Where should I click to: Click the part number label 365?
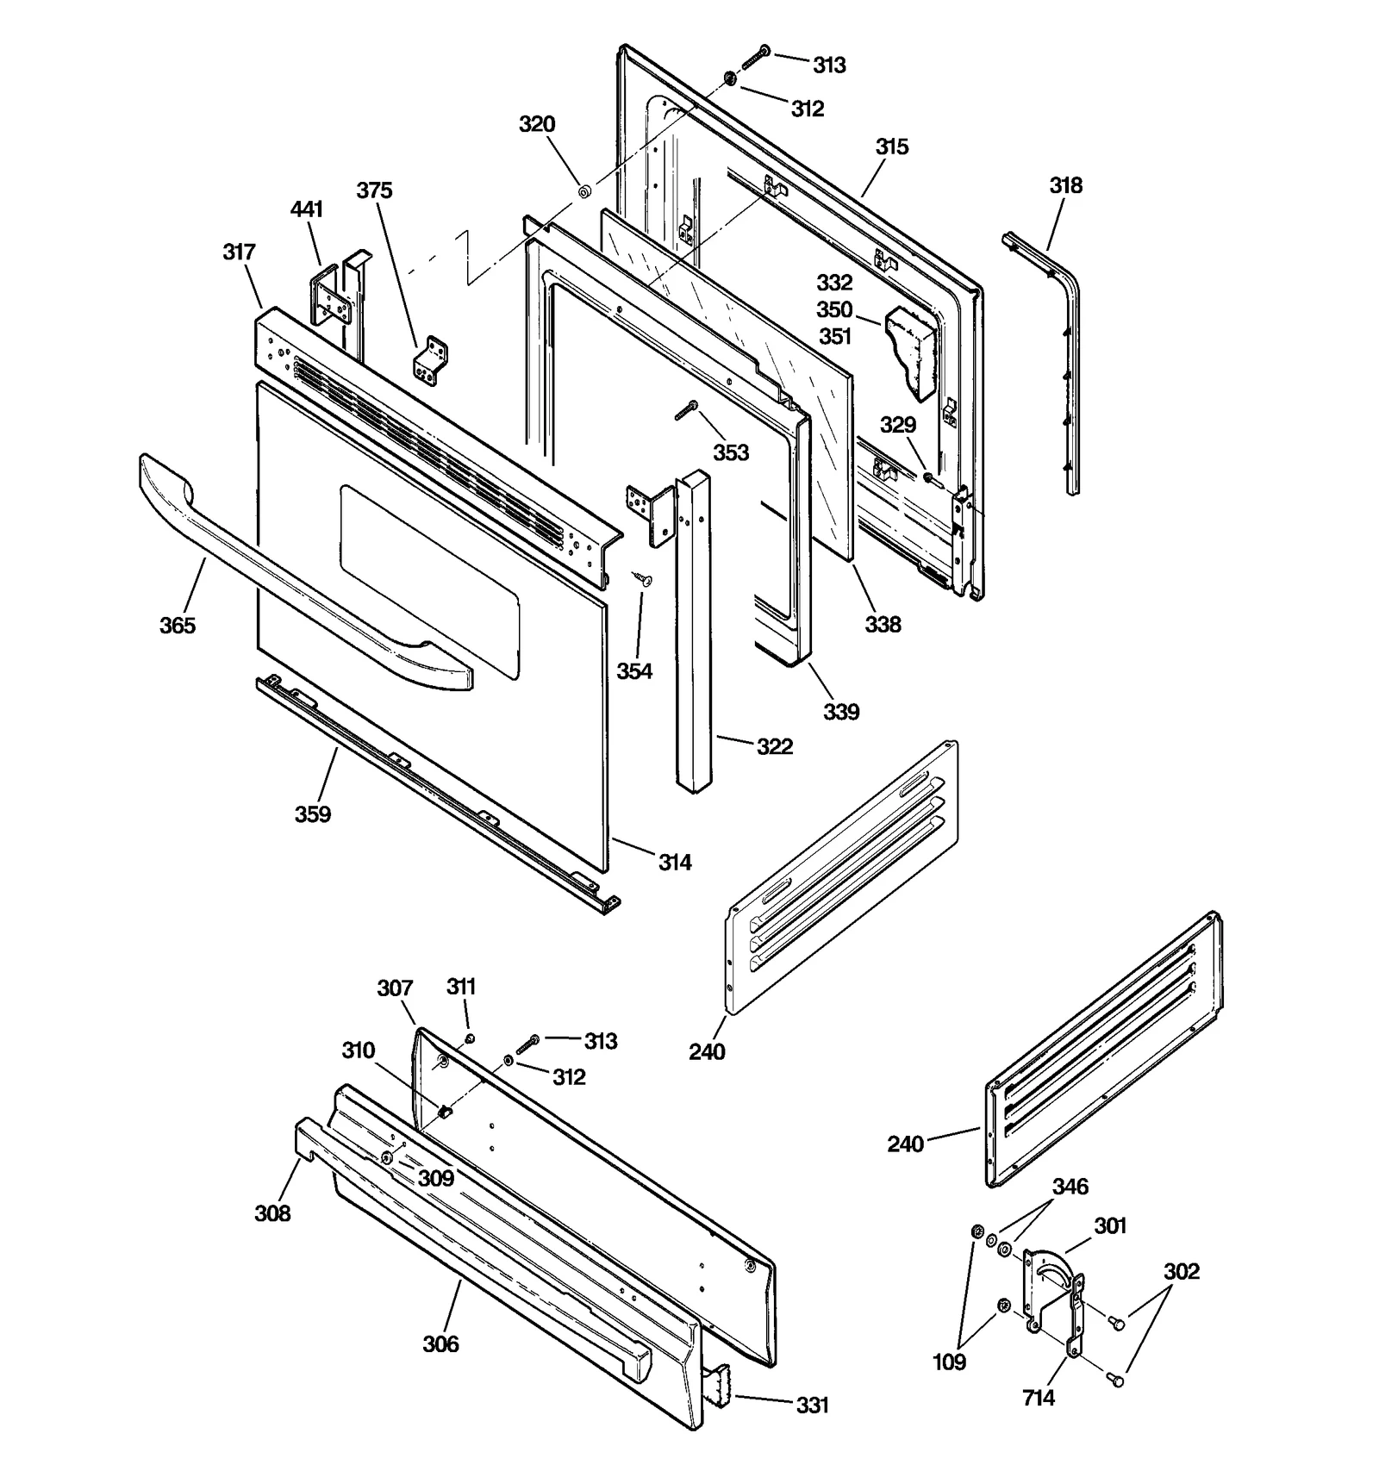[x=177, y=626]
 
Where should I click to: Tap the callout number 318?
[x=1065, y=185]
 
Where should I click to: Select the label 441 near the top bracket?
[x=307, y=209]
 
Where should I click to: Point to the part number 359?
[x=312, y=814]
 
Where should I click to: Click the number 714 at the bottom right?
[x=1039, y=1398]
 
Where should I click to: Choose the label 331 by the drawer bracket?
[x=812, y=1406]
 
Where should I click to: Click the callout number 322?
[x=774, y=747]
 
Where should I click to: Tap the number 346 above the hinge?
[x=1070, y=1187]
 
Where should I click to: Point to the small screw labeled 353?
[x=687, y=411]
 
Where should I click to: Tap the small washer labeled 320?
[x=583, y=191]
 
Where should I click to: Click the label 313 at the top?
[x=829, y=65]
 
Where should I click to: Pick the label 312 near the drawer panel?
[x=569, y=1077]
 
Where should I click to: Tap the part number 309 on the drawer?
[x=436, y=1178]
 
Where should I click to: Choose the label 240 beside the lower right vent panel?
[x=905, y=1144]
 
